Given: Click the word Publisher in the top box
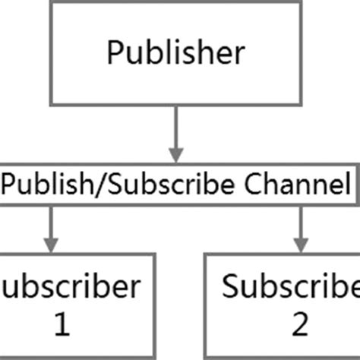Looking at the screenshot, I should point(175,52).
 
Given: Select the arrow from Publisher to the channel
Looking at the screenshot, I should point(176,133).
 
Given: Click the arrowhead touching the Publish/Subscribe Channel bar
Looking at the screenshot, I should point(176,156).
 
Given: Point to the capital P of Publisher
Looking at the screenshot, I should point(115,52).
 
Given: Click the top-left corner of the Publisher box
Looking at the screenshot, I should point(51,2).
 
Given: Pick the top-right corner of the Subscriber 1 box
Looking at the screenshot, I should point(155,255).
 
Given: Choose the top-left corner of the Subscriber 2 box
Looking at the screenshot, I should point(207,255).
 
